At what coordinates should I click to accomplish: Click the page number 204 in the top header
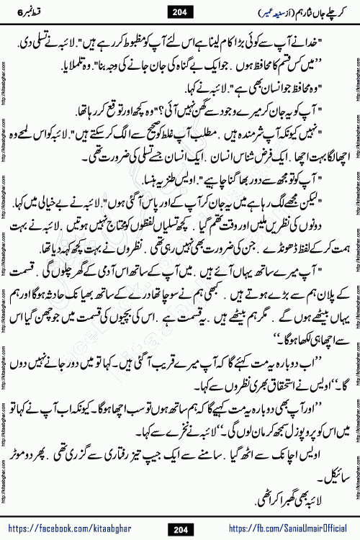[180, 10]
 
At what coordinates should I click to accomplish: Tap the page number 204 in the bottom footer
[180, 530]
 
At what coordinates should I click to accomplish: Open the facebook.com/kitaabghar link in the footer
[80, 530]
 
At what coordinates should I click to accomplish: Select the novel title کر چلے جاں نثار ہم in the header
[302, 10]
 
